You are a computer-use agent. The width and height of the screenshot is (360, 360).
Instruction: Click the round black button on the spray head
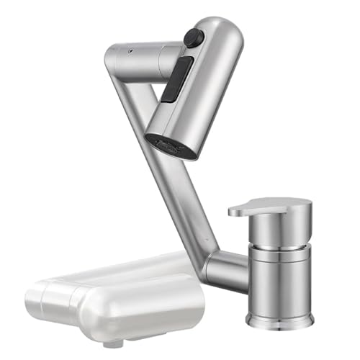191,37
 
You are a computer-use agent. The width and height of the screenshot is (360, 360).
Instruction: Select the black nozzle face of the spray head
171,145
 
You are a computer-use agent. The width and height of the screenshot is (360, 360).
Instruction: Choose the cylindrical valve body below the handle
279,277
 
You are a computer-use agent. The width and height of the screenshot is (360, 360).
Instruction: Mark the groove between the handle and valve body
277,241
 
